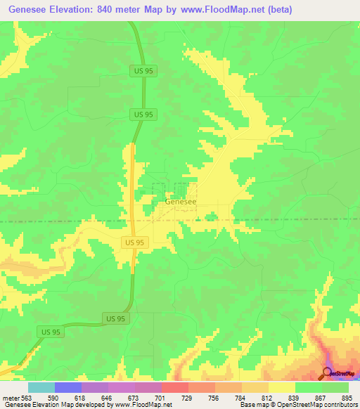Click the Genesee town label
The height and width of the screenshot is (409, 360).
pos(180,201)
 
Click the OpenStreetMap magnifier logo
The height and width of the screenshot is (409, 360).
pos(328,372)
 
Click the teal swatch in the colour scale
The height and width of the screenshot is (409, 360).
pos(41,387)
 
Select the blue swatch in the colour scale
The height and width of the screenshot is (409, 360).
pos(68,387)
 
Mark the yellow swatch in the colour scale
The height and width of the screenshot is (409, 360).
pos(281,387)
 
